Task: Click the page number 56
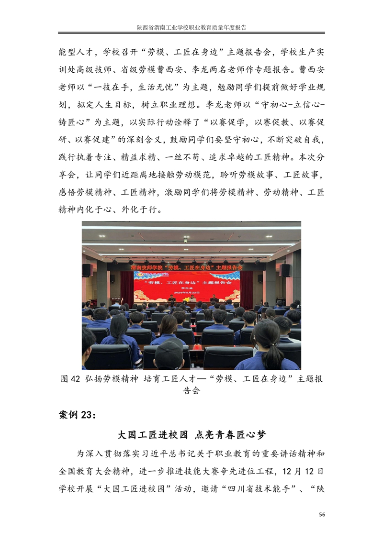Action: coord(322,514)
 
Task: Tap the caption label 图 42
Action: coord(70,379)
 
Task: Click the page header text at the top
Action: coord(191,28)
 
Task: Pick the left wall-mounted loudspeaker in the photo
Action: coord(87,270)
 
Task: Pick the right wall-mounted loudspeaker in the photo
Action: coord(285,270)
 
